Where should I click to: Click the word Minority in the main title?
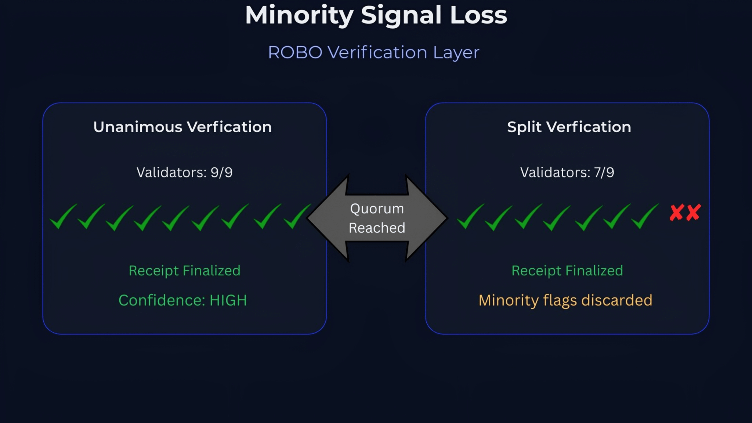[299, 15]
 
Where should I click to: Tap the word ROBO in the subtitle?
[295, 53]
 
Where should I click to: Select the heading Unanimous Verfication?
[182, 127]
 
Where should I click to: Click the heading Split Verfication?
[569, 127]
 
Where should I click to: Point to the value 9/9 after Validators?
[221, 172]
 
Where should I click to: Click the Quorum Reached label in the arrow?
[377, 218]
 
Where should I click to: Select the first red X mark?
[676, 213]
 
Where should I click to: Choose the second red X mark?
[693, 213]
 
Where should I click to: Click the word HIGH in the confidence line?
[228, 300]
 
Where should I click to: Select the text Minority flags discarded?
[565, 300]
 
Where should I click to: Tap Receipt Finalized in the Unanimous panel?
[184, 271]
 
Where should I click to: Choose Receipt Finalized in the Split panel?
[567, 271]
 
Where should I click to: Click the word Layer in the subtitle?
[456, 53]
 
